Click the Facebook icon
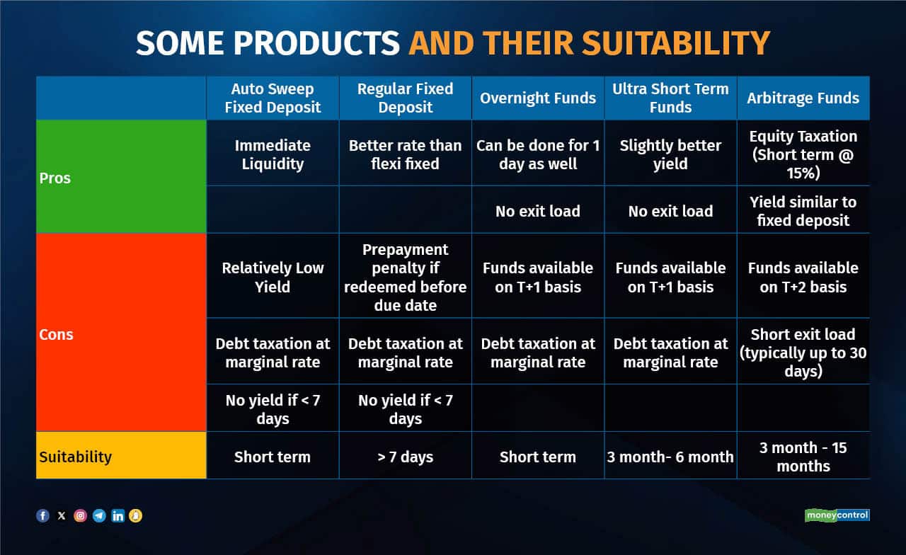(43, 516)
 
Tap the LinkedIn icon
(117, 516)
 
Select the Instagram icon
(81, 516)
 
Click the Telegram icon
(99, 516)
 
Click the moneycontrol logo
(837, 515)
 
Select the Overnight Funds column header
(538, 98)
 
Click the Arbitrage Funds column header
(803, 98)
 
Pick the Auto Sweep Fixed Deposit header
(273, 98)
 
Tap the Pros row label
(55, 178)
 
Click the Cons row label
(56, 335)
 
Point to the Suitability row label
(75, 457)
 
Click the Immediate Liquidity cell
(273, 154)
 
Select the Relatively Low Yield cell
(273, 277)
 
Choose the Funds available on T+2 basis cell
(803, 277)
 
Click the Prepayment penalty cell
(406, 277)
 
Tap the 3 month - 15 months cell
(803, 457)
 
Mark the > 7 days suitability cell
(406, 457)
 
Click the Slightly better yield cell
(670, 154)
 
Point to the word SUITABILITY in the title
(675, 43)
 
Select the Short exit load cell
(803, 353)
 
